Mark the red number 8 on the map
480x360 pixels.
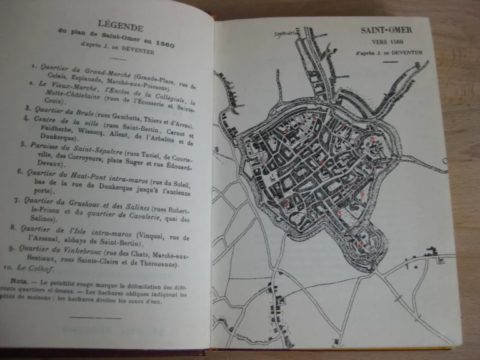[x=372, y=139]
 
